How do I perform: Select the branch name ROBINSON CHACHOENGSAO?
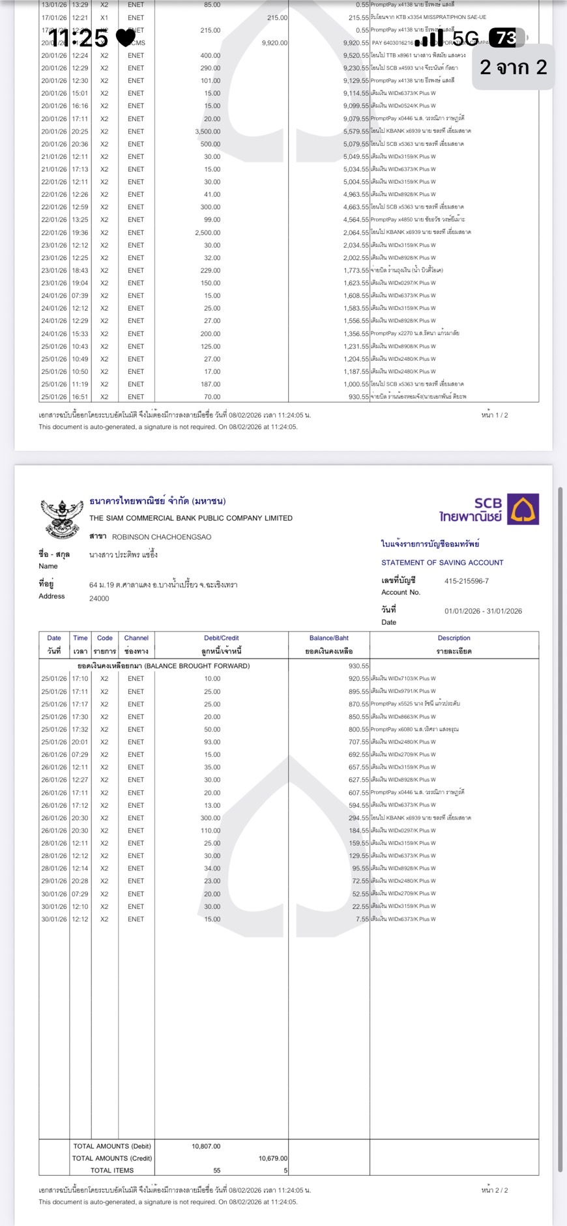[161, 537]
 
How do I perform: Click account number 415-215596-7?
[466, 581]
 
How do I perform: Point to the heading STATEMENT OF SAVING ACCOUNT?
[442, 562]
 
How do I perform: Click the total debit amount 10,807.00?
[206, 1146]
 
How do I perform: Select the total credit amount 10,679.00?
[272, 1158]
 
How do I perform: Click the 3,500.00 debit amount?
[207, 131]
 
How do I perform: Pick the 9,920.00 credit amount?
[274, 43]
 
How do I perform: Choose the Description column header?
[454, 638]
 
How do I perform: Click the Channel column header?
[136, 638]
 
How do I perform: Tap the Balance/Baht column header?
[328, 638]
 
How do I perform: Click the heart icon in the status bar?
[125, 38]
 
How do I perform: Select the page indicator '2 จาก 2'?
[513, 66]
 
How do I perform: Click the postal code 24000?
[99, 598]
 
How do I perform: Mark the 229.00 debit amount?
[211, 270]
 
